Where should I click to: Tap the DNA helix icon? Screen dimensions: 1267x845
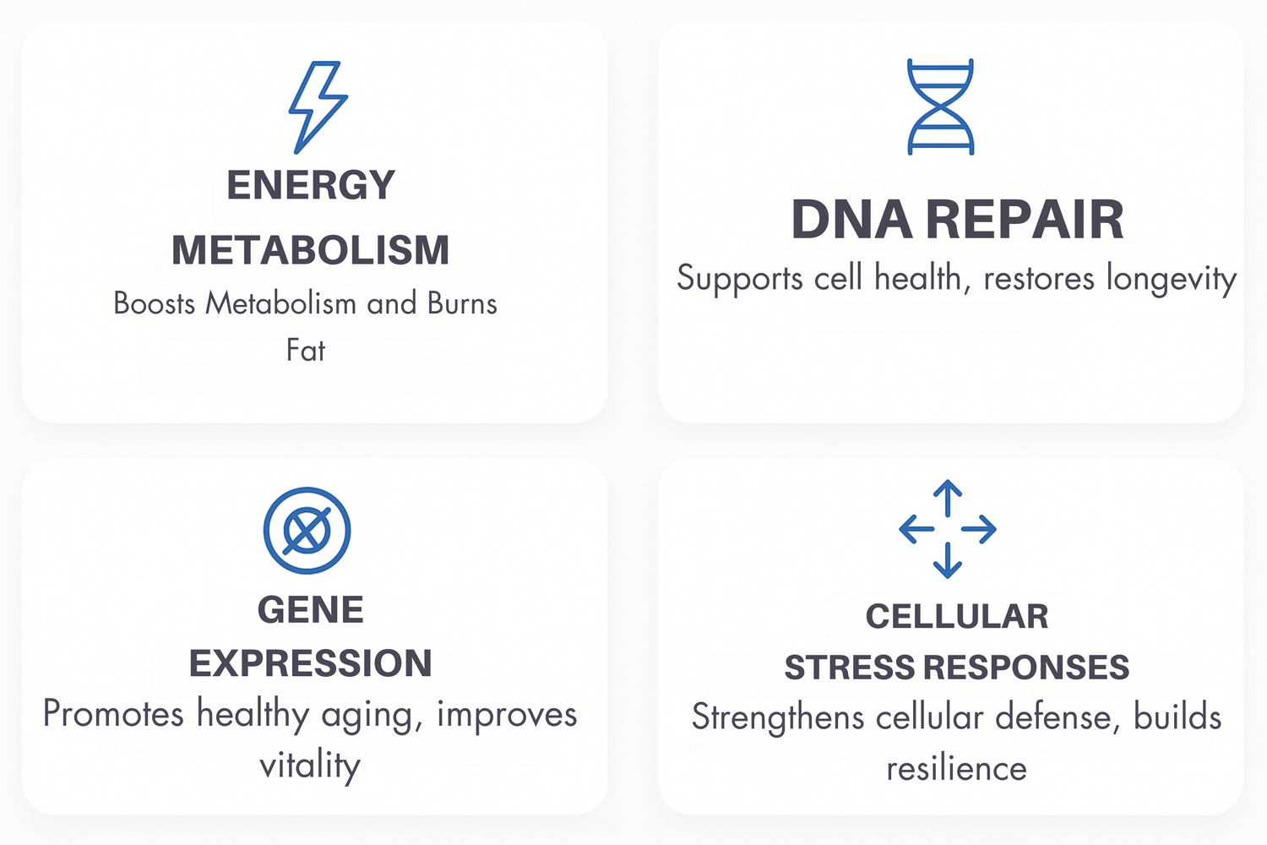(x=940, y=106)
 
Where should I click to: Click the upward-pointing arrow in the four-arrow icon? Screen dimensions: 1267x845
(x=948, y=498)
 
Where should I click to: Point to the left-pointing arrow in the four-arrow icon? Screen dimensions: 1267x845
(x=916, y=529)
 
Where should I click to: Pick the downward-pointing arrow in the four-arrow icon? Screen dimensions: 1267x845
(x=948, y=560)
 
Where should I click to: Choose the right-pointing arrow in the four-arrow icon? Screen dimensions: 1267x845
(x=978, y=529)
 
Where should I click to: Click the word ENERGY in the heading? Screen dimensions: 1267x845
(x=311, y=185)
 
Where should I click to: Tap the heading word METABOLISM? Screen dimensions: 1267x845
(x=311, y=250)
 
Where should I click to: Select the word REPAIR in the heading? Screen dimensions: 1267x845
(x=1025, y=220)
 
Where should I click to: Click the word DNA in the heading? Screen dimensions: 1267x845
(x=851, y=220)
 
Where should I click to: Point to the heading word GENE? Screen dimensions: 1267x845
(x=311, y=609)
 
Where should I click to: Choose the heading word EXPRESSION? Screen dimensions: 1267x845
(x=311, y=662)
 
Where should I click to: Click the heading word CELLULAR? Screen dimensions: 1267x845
(x=956, y=616)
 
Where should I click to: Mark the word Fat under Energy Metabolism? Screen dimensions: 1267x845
(x=306, y=350)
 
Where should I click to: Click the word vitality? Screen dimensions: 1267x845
(x=310, y=766)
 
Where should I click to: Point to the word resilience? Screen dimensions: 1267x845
(x=956, y=769)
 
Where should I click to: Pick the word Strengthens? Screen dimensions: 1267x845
(x=778, y=717)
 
